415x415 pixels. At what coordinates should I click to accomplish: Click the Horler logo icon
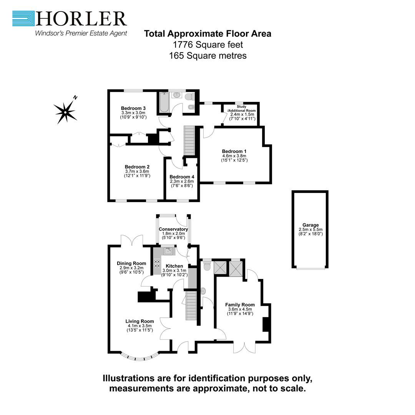click(23, 18)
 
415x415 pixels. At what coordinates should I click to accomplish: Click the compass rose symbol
click(66, 111)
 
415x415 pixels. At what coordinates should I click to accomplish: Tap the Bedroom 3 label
click(131, 108)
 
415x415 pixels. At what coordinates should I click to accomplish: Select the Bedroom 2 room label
click(137, 167)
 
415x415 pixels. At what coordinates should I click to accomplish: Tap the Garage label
click(310, 225)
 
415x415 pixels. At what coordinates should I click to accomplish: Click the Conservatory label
click(173, 229)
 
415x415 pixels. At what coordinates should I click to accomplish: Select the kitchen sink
click(168, 251)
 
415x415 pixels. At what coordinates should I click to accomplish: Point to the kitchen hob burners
click(157, 264)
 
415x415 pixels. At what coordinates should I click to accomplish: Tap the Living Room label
click(139, 321)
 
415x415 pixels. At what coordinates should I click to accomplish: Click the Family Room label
click(240, 305)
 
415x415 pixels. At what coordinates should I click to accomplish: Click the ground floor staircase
click(191, 305)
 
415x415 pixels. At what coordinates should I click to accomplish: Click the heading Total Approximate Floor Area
click(207, 34)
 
